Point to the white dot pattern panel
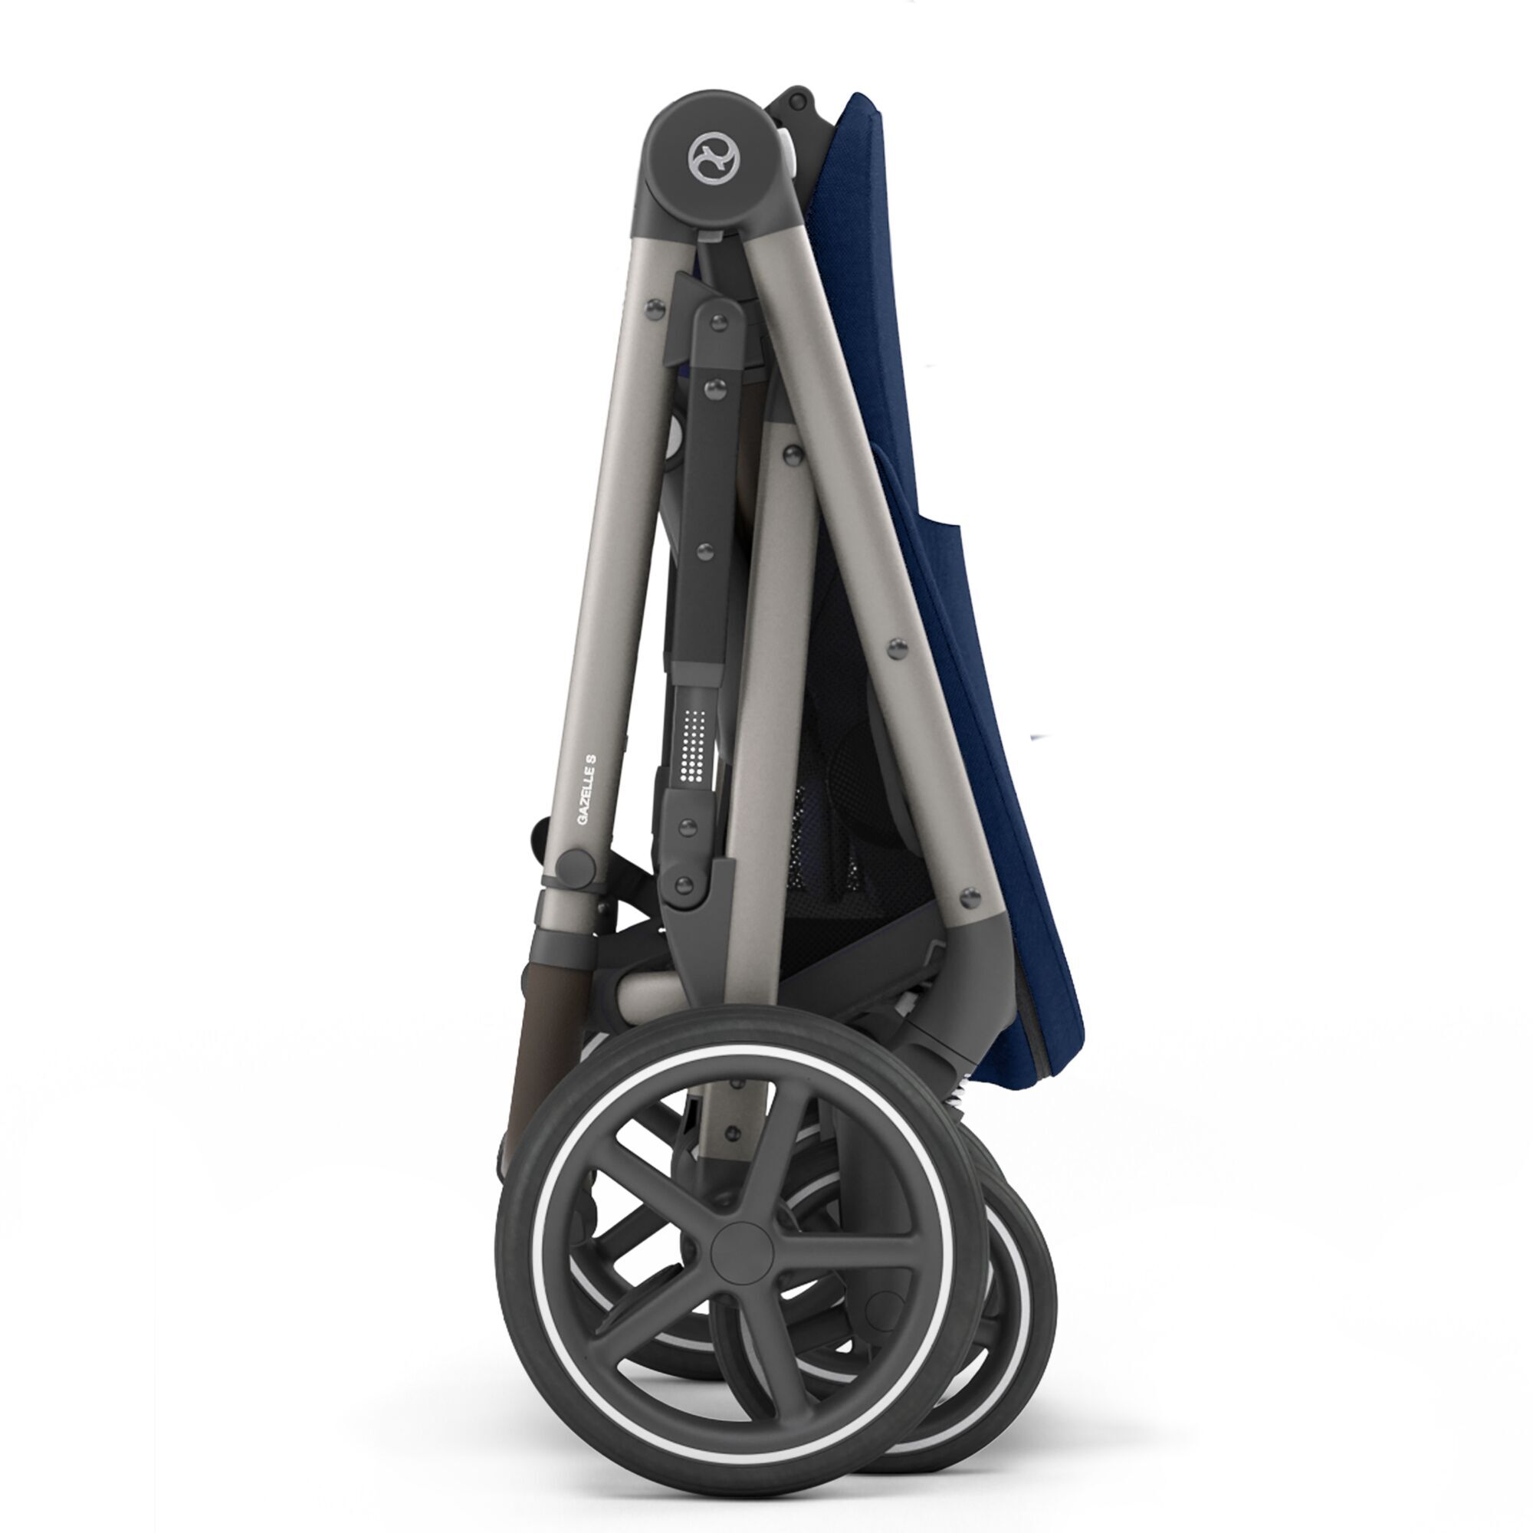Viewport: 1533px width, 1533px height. [x=695, y=747]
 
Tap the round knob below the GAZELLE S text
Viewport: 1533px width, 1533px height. [x=573, y=865]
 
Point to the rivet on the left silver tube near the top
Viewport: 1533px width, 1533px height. [x=655, y=310]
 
